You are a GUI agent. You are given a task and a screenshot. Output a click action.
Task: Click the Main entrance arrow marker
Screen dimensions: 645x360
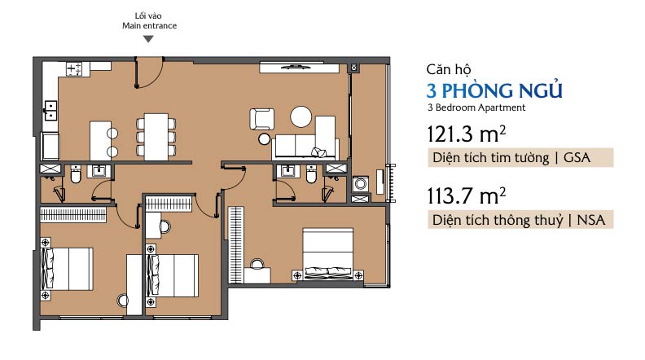(x=148, y=39)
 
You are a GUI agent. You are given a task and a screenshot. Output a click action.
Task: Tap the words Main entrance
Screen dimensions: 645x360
(x=149, y=25)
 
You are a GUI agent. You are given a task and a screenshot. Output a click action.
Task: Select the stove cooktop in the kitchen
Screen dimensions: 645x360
(x=74, y=68)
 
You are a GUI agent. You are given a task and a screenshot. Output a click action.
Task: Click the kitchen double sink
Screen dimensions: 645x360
(x=50, y=111)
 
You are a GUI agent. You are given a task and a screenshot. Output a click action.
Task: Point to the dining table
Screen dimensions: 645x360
(x=156, y=137)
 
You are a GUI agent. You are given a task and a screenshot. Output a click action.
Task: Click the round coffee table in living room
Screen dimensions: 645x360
(x=301, y=116)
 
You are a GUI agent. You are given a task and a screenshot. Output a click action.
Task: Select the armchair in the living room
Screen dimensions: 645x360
(x=261, y=119)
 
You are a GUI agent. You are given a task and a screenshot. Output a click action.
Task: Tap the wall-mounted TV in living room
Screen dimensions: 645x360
(x=299, y=68)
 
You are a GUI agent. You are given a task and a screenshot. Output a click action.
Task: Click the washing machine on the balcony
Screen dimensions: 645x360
(x=360, y=184)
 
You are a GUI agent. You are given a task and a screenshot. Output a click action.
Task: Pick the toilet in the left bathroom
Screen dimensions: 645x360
(x=76, y=174)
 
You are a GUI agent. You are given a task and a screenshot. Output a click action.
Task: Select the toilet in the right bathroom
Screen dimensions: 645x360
(x=311, y=174)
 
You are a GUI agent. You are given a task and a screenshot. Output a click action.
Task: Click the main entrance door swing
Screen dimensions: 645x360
(x=150, y=74)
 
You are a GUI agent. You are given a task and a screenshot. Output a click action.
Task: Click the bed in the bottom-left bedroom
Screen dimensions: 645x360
(x=67, y=269)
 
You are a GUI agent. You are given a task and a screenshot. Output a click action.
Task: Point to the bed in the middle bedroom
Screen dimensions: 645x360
(x=173, y=275)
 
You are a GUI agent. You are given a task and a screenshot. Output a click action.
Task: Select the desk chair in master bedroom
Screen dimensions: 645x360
(x=257, y=264)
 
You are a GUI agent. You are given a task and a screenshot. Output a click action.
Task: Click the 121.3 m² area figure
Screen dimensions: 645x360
(x=466, y=134)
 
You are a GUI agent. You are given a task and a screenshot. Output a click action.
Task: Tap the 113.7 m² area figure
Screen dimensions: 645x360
(x=466, y=195)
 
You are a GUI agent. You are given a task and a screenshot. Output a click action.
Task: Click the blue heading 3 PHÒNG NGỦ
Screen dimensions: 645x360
(x=494, y=90)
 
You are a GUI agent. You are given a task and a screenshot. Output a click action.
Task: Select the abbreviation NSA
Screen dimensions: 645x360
(x=591, y=220)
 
